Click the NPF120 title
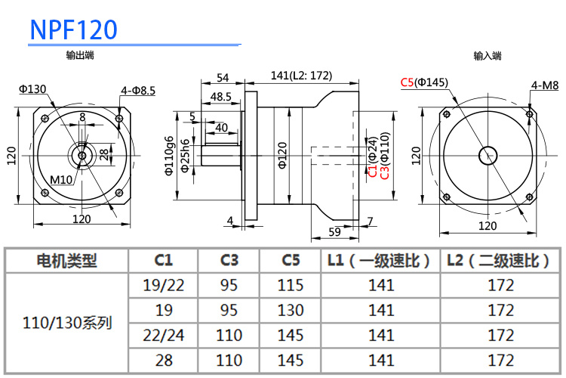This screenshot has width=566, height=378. [74, 29]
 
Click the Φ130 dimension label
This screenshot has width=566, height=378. [32, 88]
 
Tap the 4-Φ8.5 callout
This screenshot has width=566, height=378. [138, 90]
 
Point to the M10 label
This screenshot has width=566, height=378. [61, 179]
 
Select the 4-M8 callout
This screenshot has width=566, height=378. [544, 85]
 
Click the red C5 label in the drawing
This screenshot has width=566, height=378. [408, 82]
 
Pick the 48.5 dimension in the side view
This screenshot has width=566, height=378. [221, 97]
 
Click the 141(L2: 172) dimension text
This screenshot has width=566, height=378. [301, 76]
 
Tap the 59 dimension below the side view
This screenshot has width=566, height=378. [334, 232]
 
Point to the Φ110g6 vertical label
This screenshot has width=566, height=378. [169, 156]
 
